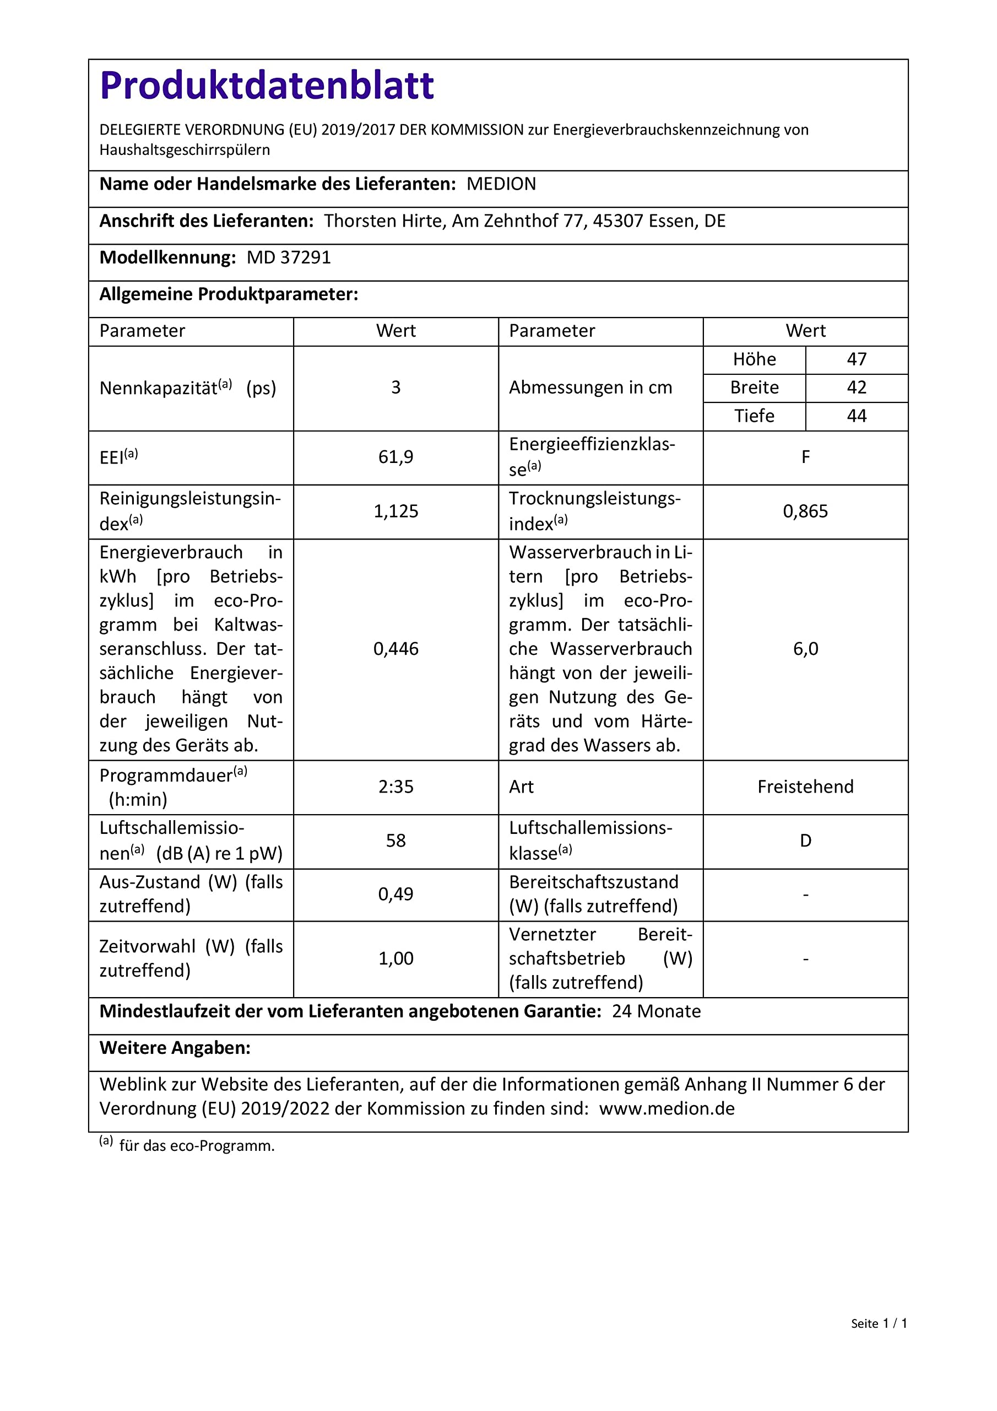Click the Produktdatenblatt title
(x=267, y=85)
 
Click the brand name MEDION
(x=501, y=184)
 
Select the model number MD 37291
(x=289, y=257)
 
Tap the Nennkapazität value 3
(x=395, y=388)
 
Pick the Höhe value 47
(x=857, y=359)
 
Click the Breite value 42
(x=857, y=388)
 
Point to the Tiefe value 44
(x=857, y=416)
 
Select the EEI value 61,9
(x=395, y=457)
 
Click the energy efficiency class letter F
(x=805, y=457)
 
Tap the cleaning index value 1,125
(x=395, y=511)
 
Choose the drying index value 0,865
(x=805, y=511)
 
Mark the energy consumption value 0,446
(x=395, y=649)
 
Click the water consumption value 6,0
(x=805, y=649)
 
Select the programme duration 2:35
(x=395, y=787)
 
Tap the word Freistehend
(x=805, y=787)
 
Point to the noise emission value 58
(x=395, y=841)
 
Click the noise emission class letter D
(x=805, y=841)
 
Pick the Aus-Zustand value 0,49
(x=395, y=894)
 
